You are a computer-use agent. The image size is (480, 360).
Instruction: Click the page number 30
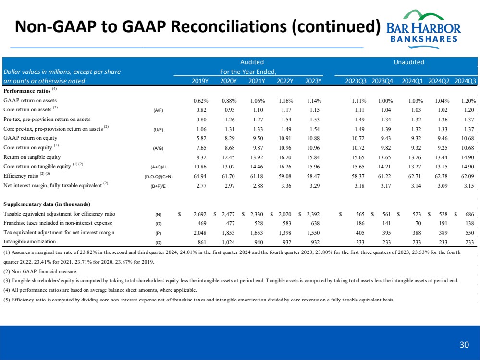point(464,344)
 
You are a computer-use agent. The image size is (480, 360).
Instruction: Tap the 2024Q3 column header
point(465,81)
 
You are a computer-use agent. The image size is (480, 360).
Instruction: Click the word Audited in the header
point(252,62)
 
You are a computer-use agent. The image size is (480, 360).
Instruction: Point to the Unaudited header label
point(408,62)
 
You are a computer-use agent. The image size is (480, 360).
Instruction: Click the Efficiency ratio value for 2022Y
point(285,176)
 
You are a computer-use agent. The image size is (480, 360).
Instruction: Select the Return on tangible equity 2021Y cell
point(257,157)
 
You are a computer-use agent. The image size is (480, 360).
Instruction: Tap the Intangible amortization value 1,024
point(228,241)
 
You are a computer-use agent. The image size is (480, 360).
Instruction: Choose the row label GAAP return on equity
point(30,138)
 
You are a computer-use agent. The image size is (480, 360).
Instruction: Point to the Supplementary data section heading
point(47,204)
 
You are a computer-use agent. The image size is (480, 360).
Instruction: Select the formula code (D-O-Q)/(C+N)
point(158,176)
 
